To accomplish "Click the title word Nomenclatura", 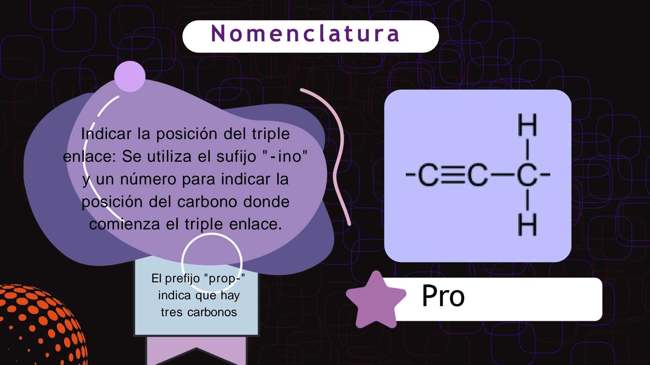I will [x=305, y=34].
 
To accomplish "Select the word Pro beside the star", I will [x=443, y=296].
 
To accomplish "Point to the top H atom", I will [x=527, y=125].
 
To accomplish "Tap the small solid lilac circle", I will [x=130, y=76].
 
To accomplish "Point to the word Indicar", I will [x=106, y=134].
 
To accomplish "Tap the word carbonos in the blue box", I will [x=212, y=312].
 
